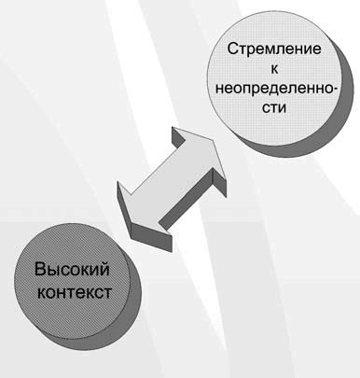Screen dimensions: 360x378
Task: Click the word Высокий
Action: pyautogui.click(x=72, y=272)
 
